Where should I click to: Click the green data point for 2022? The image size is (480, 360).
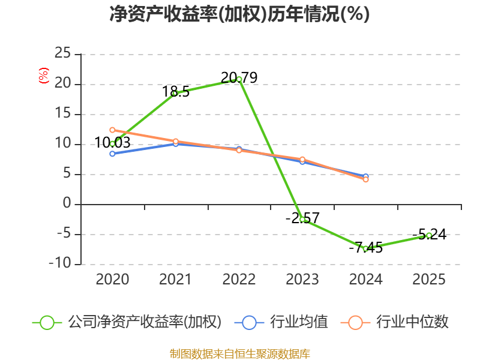[x=239, y=79]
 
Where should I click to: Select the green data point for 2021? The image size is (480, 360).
[x=175, y=93]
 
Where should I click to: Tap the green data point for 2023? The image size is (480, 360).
[x=302, y=220]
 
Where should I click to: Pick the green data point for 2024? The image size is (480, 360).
[x=365, y=248]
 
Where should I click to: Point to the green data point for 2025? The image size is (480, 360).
[x=429, y=235]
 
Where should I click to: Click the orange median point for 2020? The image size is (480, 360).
[x=112, y=130]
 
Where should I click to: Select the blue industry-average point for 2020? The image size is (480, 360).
[x=112, y=154]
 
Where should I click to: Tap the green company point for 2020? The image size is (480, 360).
[x=112, y=143]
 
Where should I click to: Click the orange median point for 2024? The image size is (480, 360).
[x=365, y=179]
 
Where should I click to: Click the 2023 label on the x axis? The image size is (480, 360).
[x=302, y=280]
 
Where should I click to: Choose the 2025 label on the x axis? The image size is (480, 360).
[x=429, y=280]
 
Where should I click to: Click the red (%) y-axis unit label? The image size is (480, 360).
[x=43, y=76]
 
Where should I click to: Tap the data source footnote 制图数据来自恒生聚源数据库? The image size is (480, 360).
[x=239, y=353]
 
